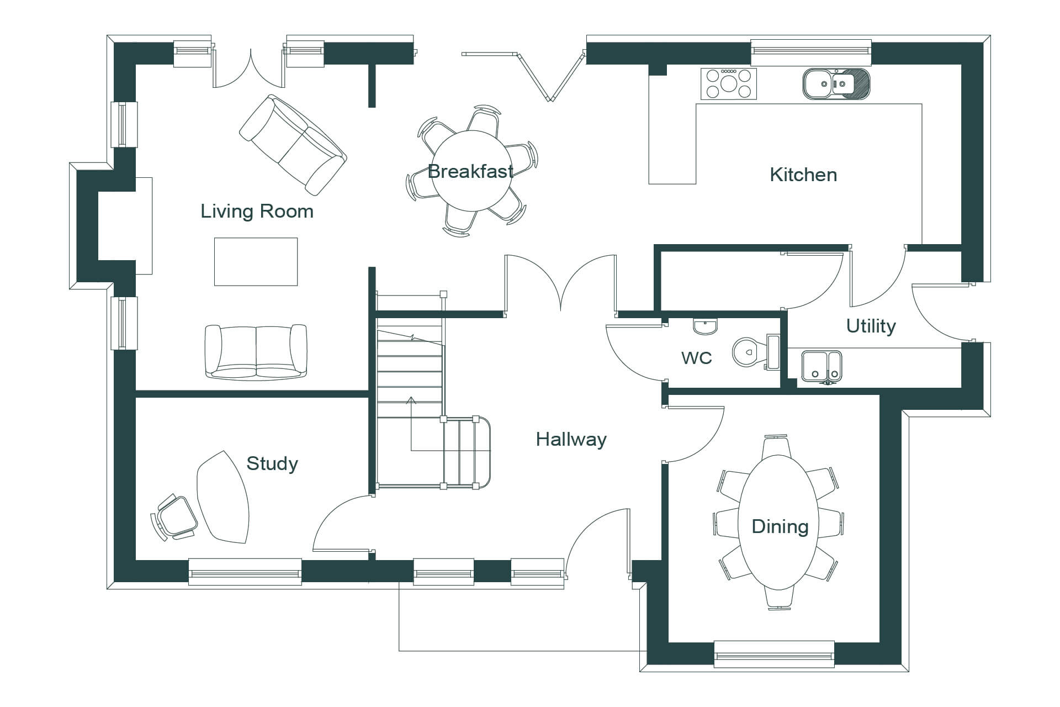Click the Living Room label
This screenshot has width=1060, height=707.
click(257, 211)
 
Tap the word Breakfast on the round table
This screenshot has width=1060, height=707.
click(470, 172)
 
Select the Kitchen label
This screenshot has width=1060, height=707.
click(803, 175)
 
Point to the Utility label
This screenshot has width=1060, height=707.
click(871, 326)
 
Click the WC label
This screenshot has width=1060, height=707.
click(696, 358)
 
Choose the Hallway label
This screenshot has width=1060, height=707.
click(571, 440)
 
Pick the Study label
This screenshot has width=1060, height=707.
click(272, 463)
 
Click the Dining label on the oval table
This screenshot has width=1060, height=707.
click(780, 526)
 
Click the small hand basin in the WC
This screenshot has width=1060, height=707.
click(705, 326)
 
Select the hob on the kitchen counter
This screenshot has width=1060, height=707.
click(728, 84)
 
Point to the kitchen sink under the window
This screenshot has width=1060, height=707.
click(835, 85)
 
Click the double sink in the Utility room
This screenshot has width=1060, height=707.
click(821, 366)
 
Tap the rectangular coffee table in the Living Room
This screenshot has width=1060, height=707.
click(256, 262)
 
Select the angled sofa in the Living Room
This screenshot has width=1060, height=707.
click(293, 145)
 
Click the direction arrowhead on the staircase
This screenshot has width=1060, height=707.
click(411, 400)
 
